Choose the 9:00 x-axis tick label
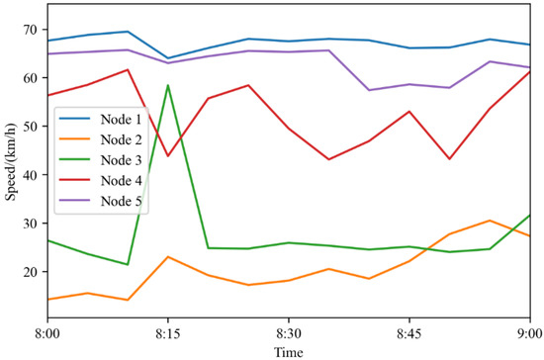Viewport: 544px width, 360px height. (529, 333)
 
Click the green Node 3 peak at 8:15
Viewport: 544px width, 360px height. (168, 85)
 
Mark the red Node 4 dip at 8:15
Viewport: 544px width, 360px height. (168, 155)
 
